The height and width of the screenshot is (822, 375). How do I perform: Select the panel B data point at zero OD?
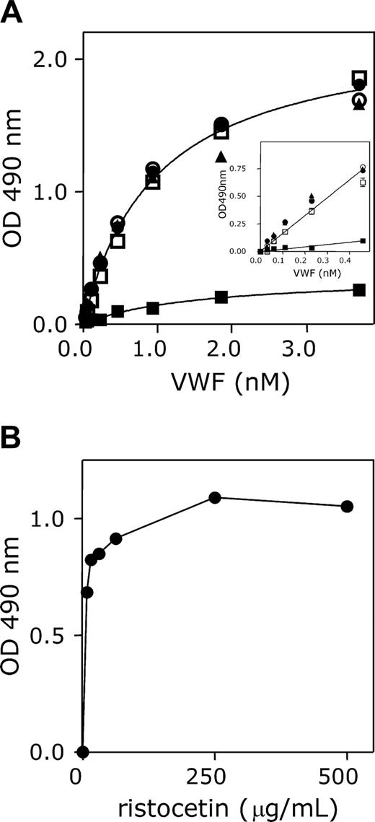coord(83,752)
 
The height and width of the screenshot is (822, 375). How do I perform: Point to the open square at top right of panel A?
coord(359,78)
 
